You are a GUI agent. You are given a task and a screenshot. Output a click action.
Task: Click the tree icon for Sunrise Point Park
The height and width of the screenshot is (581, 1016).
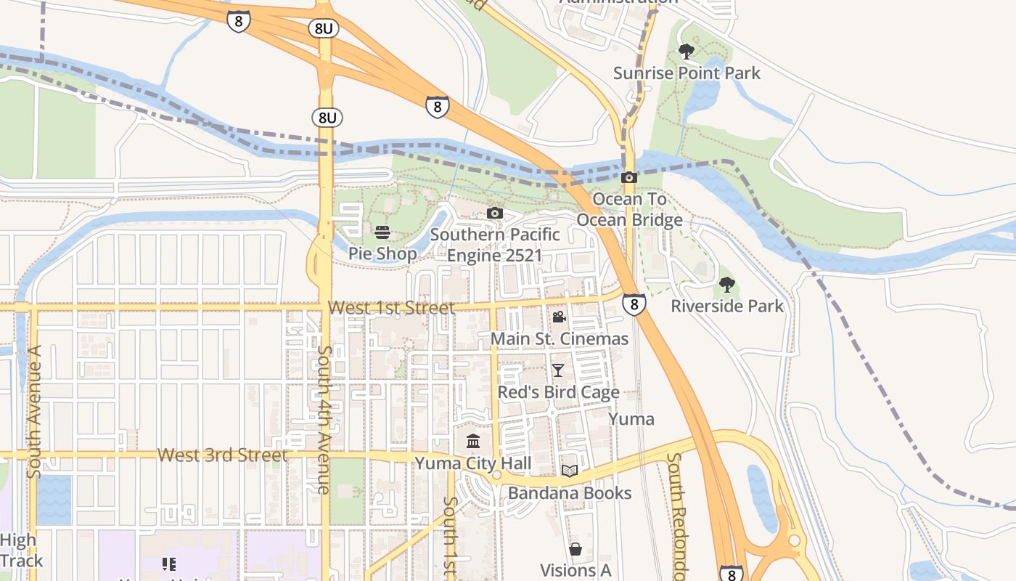[686, 52]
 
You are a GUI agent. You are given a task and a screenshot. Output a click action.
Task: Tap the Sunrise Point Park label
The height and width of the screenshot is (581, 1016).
[687, 73]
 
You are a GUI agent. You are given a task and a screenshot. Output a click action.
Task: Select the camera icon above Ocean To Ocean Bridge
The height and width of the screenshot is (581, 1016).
[629, 177]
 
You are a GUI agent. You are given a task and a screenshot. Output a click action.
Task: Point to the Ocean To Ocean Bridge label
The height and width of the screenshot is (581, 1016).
[629, 209]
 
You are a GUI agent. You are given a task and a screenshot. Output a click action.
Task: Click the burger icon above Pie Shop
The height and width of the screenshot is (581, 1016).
[382, 232]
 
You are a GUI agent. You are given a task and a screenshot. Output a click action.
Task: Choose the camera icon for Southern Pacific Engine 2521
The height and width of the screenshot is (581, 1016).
[495, 213]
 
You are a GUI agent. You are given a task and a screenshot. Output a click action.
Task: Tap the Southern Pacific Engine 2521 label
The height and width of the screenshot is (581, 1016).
[495, 245]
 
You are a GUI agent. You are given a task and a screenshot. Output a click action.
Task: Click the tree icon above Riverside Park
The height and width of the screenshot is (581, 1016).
[726, 285]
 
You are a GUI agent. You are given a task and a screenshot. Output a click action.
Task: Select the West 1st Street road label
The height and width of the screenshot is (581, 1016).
[391, 308]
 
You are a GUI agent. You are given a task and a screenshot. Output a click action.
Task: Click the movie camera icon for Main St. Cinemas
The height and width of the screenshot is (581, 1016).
[559, 317]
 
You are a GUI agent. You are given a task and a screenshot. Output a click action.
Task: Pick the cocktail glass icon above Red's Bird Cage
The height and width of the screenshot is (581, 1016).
[557, 370]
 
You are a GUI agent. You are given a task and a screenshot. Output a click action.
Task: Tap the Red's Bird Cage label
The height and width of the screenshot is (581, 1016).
[558, 392]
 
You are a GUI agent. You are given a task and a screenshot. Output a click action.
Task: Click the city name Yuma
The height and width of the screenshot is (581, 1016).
[631, 419]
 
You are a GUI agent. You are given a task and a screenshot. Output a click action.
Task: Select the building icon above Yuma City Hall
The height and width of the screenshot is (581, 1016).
[473, 441]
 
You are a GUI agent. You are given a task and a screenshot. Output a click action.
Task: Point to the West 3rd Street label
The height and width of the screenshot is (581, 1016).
[223, 455]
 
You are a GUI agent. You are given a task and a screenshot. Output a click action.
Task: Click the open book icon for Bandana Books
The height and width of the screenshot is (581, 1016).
[570, 471]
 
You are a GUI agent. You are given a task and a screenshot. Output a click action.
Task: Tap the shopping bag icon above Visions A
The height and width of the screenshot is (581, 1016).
[575, 549]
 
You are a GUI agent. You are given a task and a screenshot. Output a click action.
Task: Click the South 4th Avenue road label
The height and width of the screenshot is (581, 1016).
[324, 419]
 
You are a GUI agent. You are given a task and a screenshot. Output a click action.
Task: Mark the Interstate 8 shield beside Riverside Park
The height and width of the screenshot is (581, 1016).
[634, 304]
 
